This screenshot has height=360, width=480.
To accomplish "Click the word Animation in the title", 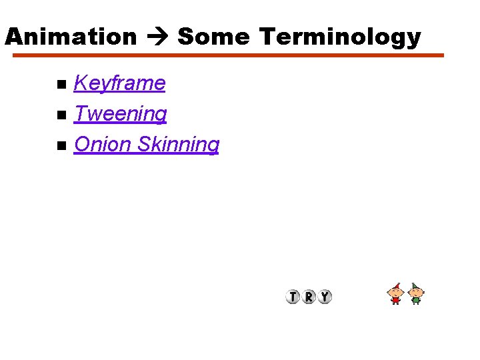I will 71,37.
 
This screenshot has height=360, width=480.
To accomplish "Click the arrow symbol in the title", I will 157,37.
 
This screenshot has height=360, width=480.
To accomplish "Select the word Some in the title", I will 213,37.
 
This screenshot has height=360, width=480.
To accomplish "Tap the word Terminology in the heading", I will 340,37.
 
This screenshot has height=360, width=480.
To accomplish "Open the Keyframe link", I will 119,83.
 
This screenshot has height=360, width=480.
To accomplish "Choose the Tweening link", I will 120,114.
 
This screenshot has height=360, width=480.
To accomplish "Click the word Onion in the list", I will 103,144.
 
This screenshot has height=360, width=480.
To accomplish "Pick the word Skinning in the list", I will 178,145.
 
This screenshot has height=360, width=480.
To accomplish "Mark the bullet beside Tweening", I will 61,115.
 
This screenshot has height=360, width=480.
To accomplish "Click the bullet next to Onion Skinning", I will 61,145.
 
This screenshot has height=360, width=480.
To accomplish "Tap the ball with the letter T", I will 293,297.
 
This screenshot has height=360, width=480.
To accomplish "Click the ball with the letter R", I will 309,297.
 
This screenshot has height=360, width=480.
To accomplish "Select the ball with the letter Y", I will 325,297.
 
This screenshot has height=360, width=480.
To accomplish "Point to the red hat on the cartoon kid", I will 397,286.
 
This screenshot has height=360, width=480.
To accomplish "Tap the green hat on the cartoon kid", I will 415,286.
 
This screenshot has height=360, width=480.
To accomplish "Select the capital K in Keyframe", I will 81,83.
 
